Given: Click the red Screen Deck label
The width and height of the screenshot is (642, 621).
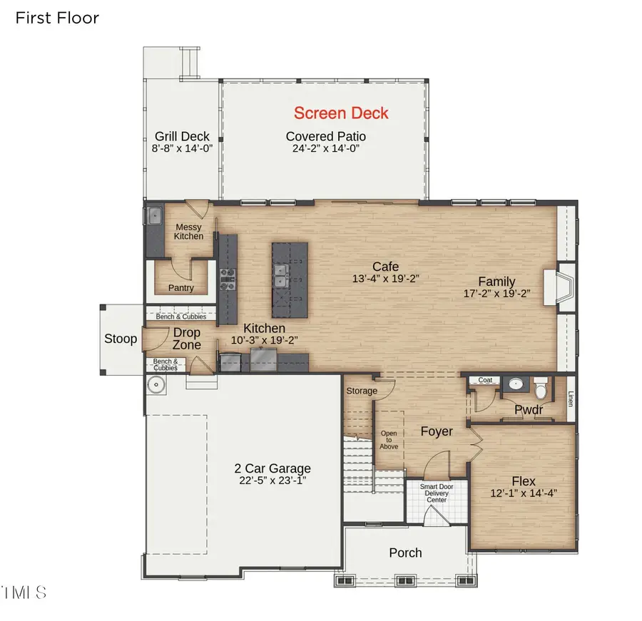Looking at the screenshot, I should (x=341, y=113).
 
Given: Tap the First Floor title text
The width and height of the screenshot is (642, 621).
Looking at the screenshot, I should (x=57, y=18).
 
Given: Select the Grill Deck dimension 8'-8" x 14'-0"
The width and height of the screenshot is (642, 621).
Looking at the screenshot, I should (x=182, y=149).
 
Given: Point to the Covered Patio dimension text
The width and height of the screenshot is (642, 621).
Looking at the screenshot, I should (x=325, y=149).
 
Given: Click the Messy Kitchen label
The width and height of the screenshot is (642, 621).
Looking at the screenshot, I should (x=189, y=232).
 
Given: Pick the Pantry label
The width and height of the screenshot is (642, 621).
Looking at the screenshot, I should (x=181, y=288).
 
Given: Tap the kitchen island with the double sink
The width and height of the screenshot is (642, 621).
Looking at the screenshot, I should (x=289, y=279).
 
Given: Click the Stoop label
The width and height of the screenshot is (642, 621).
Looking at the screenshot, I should (x=121, y=339).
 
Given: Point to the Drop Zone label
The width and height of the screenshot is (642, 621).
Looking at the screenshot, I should (x=187, y=339).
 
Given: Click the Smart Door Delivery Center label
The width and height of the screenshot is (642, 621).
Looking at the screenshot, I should (x=437, y=493).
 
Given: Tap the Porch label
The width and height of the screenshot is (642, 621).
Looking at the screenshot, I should (x=405, y=553).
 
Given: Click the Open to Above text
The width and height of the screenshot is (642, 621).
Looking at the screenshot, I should (x=389, y=440).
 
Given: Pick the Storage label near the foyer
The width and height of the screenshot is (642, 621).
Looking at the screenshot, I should (x=362, y=391).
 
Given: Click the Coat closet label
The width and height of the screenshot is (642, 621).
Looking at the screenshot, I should (x=486, y=380).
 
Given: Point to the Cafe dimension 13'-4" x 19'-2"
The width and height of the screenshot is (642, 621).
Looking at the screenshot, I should (x=385, y=279).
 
